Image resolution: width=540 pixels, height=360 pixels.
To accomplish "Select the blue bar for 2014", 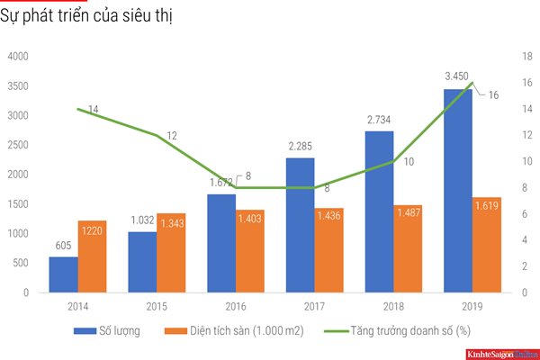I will pyautogui.click(x=63, y=274).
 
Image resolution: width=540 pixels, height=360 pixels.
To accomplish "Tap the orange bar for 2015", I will pyautogui.click(x=171, y=253).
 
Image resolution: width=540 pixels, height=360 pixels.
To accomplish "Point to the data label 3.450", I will pyautogui.click(x=459, y=78).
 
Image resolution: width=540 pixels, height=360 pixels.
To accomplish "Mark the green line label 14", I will pyautogui.click(x=93, y=109).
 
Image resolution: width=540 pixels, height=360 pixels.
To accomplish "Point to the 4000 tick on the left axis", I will pyautogui.click(x=19, y=57).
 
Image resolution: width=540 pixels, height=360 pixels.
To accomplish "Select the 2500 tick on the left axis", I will pyautogui.click(x=19, y=145).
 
